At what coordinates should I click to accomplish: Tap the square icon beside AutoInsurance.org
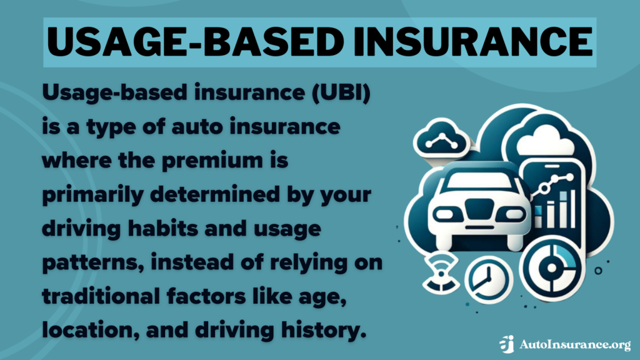(x=507, y=344)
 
